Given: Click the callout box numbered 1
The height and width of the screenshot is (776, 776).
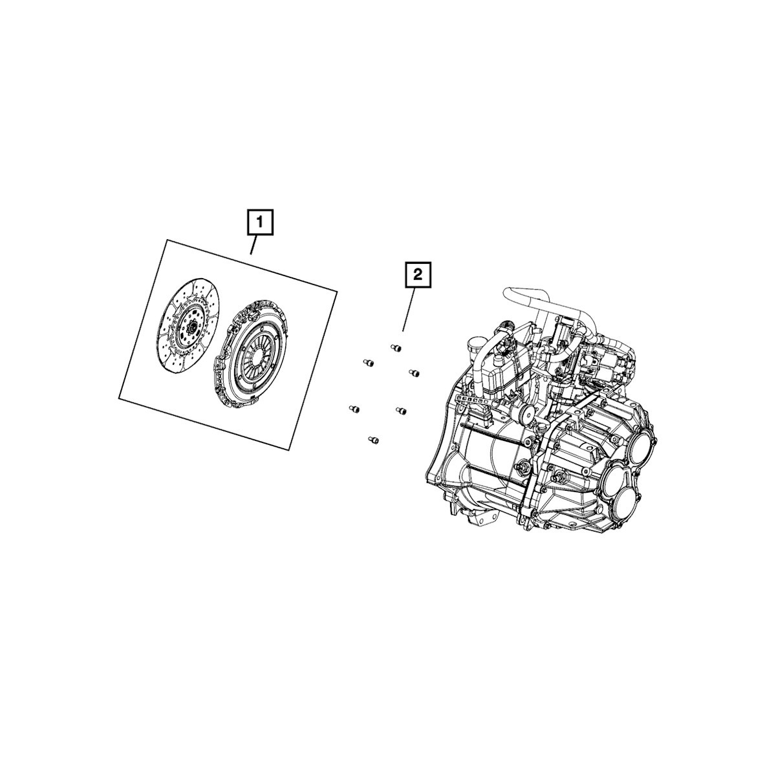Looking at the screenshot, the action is [x=260, y=222].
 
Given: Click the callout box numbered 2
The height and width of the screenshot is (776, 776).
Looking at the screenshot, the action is [x=417, y=276].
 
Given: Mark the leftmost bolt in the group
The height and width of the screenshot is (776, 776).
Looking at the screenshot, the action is [x=354, y=409].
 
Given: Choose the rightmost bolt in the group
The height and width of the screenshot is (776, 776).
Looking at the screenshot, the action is [x=414, y=373].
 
